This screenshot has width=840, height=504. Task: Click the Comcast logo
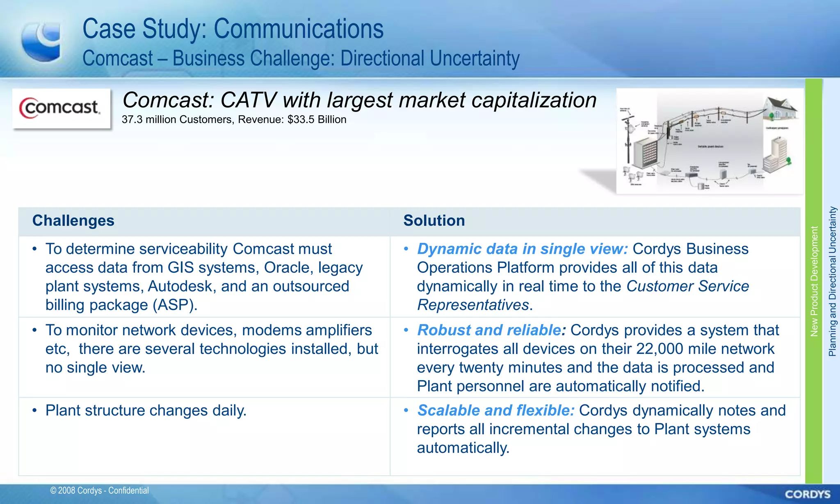tap(61, 108)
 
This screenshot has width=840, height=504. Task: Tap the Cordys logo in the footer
tap(808, 494)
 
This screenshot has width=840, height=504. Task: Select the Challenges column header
tap(73, 221)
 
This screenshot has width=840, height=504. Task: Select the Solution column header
tap(434, 221)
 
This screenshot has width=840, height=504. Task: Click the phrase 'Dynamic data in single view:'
tap(522, 249)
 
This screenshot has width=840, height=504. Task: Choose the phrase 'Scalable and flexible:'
tap(495, 410)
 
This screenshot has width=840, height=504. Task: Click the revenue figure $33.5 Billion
tap(317, 119)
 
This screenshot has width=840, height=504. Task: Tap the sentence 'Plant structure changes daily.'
tap(146, 410)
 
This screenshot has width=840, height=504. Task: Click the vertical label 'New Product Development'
tap(814, 281)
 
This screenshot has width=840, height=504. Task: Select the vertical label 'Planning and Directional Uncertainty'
tap(832, 281)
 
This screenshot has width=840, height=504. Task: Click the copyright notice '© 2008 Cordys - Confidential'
tap(99, 490)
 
